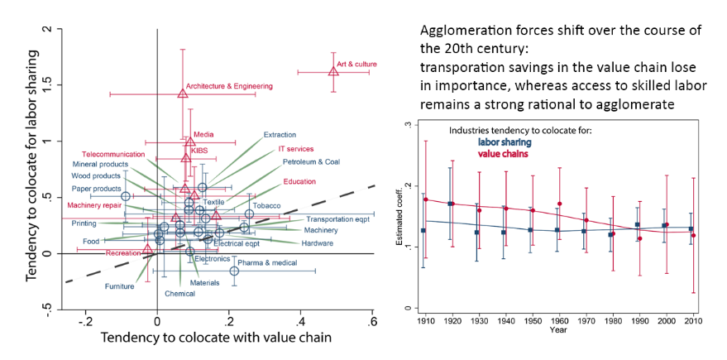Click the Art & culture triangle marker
coord(333,71)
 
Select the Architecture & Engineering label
coord(229,86)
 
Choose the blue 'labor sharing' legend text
coord(506,142)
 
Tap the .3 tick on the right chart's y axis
coord(407,125)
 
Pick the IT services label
coord(294,149)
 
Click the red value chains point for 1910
coord(426,199)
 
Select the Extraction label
coord(280,135)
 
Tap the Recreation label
coord(122,252)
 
